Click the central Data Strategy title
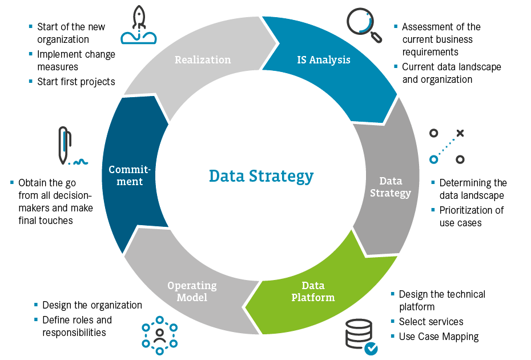click(261, 176)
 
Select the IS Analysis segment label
click(324, 59)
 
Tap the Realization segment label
click(203, 59)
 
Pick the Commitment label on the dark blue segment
click(130, 175)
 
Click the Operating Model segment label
click(192, 291)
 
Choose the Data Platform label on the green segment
click(313, 291)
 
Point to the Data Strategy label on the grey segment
click(391, 187)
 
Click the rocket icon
click(139, 25)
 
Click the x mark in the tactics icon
click(460, 133)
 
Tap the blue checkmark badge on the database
click(371, 348)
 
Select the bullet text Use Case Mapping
click(439, 337)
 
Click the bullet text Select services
click(431, 322)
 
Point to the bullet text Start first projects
click(76, 82)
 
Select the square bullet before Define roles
click(36, 319)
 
